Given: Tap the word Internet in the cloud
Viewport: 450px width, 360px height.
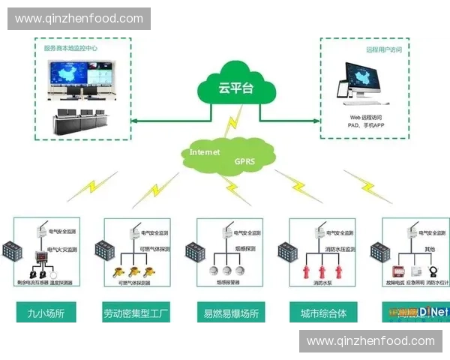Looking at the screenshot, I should tap(205, 151).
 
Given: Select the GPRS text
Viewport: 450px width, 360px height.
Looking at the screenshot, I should tap(244, 160).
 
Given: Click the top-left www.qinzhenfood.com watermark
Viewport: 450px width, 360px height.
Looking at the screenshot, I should tap(79, 19).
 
